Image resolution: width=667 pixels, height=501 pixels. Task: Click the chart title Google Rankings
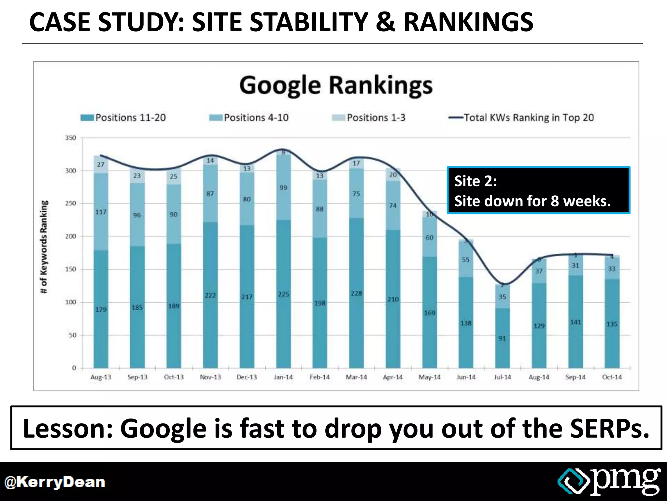click(x=336, y=85)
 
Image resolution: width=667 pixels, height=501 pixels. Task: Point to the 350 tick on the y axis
click(x=71, y=138)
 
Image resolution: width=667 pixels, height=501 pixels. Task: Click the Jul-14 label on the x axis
click(x=502, y=377)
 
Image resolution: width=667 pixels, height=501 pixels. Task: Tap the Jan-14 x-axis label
click(x=283, y=377)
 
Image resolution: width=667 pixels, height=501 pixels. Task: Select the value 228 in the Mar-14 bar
click(x=356, y=293)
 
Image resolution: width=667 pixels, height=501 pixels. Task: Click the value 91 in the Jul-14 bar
click(x=502, y=339)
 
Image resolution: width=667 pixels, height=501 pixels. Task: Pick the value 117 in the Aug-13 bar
click(x=101, y=212)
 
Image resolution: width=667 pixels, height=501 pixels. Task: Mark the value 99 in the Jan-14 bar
click(x=283, y=188)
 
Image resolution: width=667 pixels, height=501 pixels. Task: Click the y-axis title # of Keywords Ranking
click(x=44, y=247)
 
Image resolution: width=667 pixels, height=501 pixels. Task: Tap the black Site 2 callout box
click(x=538, y=190)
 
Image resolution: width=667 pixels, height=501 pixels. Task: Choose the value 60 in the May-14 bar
click(x=430, y=237)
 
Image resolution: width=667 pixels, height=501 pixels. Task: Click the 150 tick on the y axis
click(x=71, y=269)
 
